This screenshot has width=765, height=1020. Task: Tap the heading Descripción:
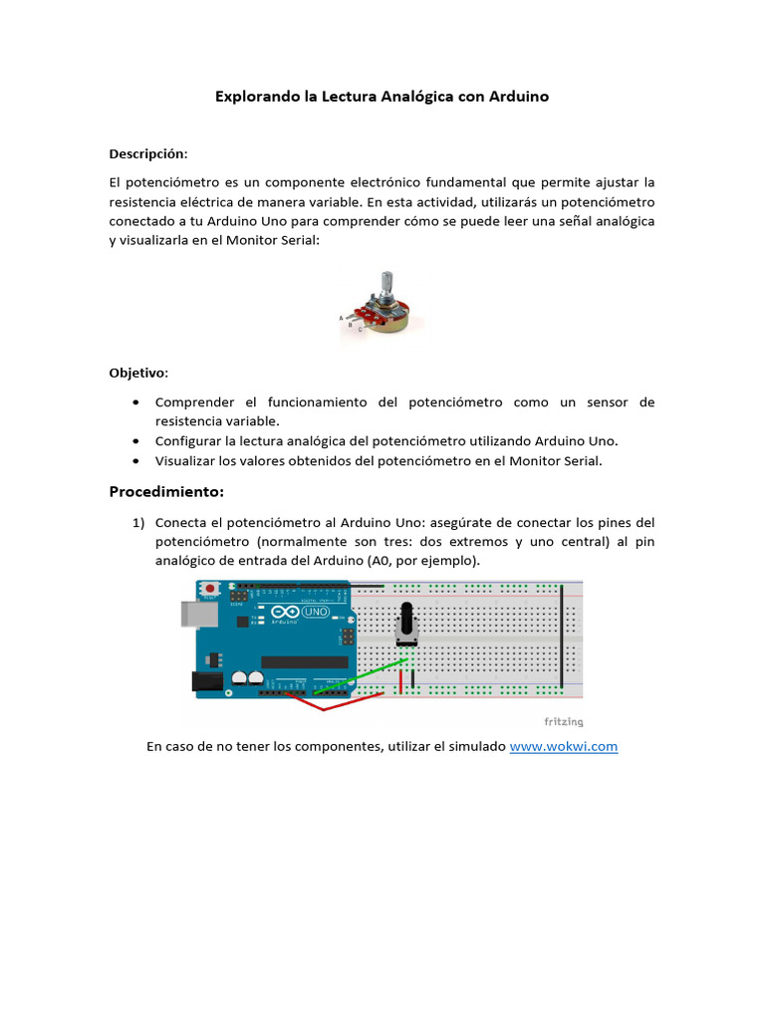pos(147,154)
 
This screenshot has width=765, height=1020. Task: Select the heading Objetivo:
pos(138,373)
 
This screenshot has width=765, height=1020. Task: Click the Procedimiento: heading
pos(166,492)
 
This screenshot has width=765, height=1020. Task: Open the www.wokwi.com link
pos(564,746)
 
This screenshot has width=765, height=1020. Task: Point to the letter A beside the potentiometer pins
pos(342,318)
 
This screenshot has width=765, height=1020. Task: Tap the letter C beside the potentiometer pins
pos(360,329)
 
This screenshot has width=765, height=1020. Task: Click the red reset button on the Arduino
pos(209,590)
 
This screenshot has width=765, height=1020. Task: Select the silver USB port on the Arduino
pos(194,614)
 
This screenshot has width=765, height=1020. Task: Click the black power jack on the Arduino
pos(205,681)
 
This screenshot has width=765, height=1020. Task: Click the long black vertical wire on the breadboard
pos(563,637)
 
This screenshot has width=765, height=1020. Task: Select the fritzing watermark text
pos(563,722)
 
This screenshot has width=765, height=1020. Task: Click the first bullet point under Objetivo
pos(135,402)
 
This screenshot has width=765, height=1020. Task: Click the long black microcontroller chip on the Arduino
pos(305,662)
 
